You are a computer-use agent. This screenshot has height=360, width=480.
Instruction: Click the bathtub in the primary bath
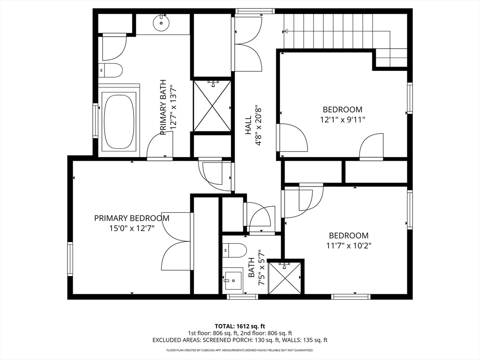120,120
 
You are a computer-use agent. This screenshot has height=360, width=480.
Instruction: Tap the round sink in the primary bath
161,22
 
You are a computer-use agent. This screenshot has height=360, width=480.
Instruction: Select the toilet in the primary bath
111,70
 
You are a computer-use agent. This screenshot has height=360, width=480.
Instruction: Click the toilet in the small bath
234,251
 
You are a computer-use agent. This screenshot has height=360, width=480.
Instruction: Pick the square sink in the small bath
232,280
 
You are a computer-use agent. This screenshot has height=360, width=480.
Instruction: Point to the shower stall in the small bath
284,277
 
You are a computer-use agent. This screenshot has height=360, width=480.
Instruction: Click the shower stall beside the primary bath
212,105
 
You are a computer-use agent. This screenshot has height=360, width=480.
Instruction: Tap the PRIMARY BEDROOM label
132,218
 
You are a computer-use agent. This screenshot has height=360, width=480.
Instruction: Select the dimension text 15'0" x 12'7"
132,228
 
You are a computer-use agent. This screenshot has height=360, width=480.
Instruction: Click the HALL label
248,125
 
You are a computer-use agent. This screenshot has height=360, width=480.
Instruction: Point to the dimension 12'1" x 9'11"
343,120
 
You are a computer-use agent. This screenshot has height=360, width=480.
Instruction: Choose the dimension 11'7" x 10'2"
349,246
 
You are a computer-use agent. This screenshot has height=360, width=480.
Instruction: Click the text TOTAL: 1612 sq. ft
240,326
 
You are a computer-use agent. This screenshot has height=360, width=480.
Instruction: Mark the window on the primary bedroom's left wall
70,259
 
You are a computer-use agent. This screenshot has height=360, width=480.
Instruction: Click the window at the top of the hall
255,11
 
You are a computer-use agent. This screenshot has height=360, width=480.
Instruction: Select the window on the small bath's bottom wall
242,297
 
